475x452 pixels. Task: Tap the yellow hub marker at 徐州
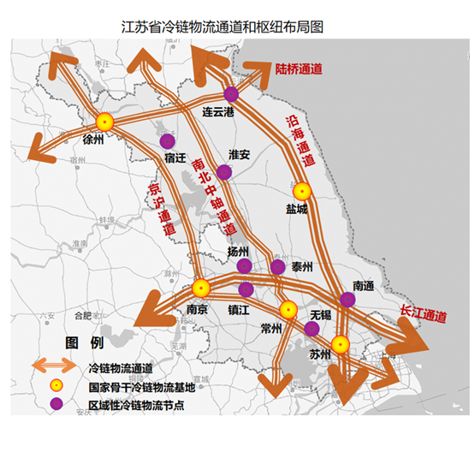(105, 122)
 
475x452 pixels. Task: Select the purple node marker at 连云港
(231, 94)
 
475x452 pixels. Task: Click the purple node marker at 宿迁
(168, 141)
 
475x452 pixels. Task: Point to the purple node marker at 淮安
(224, 172)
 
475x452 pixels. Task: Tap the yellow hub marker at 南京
(201, 288)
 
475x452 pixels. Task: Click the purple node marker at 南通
(347, 300)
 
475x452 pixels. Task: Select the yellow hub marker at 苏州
(341, 345)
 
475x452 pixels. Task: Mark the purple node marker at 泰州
(277, 267)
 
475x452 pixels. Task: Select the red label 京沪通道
(160, 209)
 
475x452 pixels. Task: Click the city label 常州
(271, 327)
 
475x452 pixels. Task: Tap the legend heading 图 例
(85, 343)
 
